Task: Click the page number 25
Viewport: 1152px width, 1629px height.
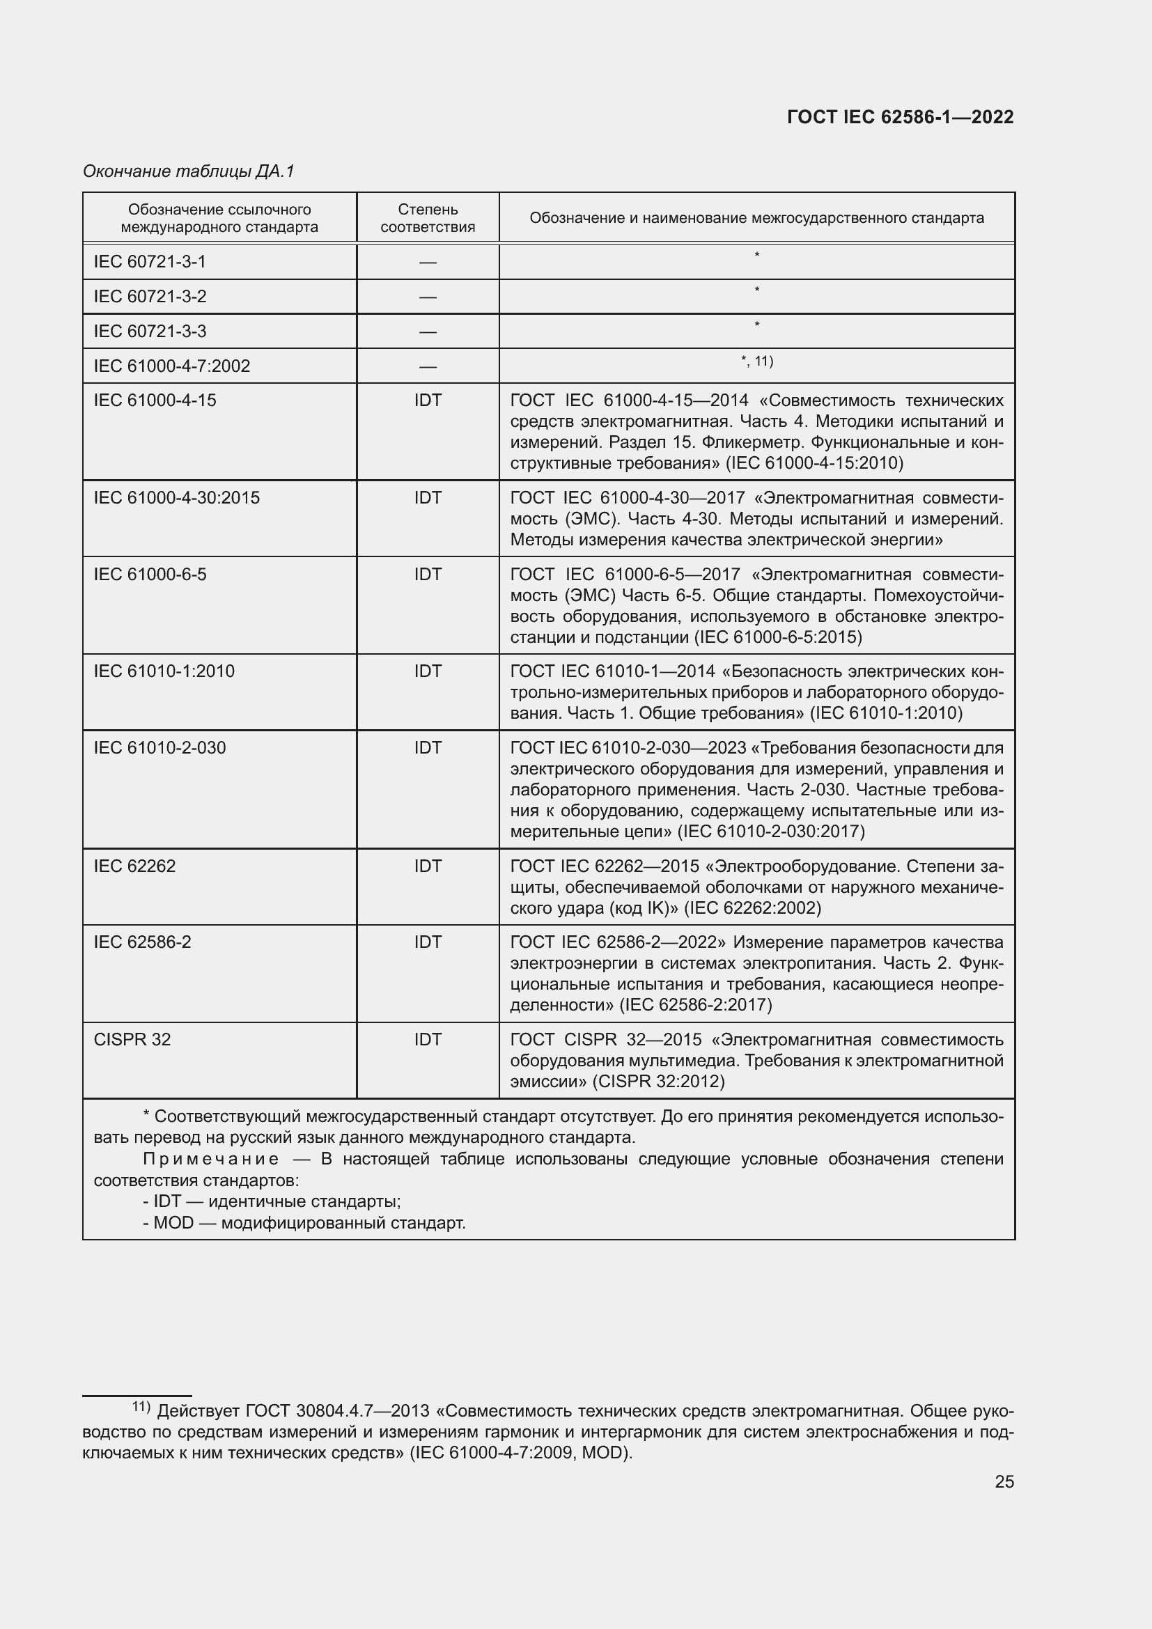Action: click(1004, 1482)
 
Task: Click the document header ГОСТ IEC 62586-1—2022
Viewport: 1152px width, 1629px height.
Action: click(899, 118)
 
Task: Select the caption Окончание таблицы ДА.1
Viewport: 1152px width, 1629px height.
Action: click(189, 171)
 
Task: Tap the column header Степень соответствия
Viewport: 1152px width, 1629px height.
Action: click(427, 218)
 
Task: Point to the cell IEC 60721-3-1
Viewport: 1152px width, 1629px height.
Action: click(150, 262)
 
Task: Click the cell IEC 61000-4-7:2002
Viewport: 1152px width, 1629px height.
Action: click(171, 366)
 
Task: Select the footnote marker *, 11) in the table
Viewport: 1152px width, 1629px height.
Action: click(757, 362)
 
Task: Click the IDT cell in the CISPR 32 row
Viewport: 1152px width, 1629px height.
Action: click(428, 1039)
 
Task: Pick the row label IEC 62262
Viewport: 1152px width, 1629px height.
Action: click(135, 866)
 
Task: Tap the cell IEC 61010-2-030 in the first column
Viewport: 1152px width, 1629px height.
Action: click(159, 748)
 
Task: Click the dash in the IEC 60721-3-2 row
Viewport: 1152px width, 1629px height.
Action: click(427, 297)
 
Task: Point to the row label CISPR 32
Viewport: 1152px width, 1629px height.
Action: click(132, 1039)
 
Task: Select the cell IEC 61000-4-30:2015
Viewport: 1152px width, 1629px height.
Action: click(177, 498)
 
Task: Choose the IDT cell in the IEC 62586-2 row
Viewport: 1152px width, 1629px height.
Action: click(428, 942)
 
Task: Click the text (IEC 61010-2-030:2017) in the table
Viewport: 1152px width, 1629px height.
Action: click(771, 832)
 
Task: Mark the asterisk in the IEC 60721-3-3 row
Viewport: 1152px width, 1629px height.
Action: click(757, 325)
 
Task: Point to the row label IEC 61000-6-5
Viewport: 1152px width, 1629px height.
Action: click(150, 575)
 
